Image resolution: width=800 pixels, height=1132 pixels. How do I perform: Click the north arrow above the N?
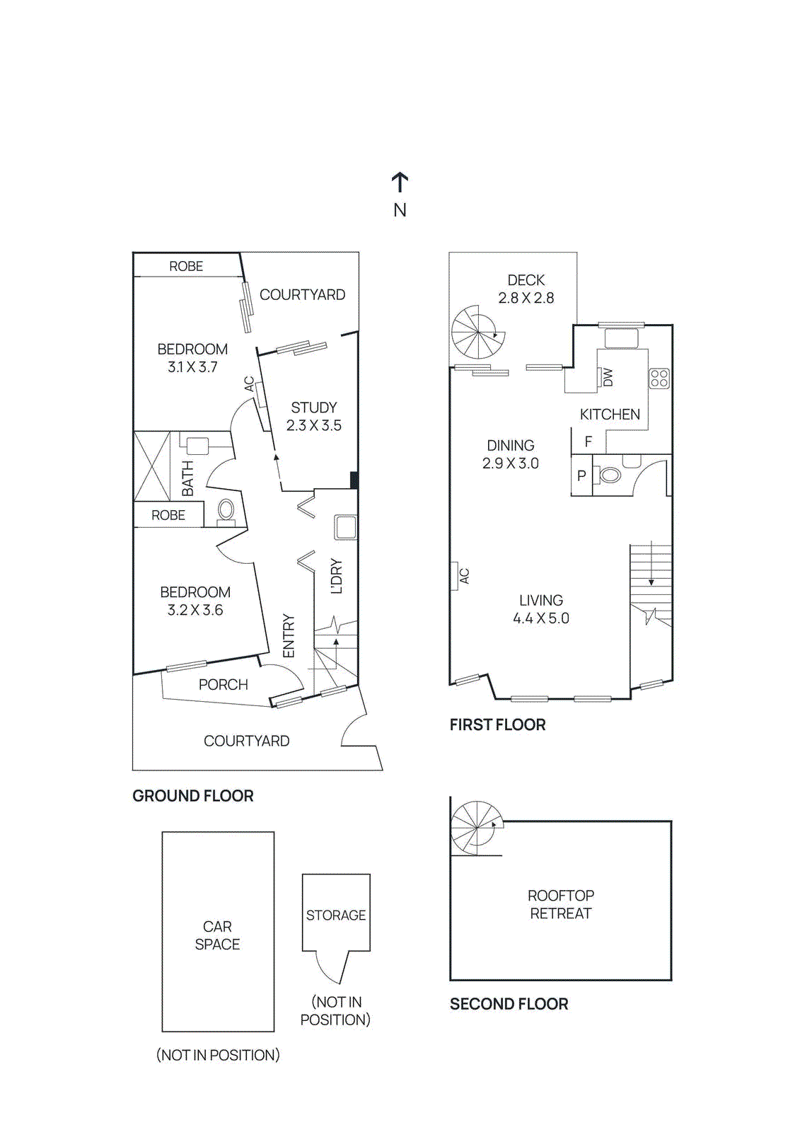400,182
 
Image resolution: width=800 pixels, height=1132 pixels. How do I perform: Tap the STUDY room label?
314,408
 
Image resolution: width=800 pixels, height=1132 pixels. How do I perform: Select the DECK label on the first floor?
526,280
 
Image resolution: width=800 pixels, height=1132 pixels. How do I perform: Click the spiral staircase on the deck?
477,333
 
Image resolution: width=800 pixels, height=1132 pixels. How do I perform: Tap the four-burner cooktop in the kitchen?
659,379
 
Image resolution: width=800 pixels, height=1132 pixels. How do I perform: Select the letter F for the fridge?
588,441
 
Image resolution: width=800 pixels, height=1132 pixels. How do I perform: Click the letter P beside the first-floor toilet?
581,475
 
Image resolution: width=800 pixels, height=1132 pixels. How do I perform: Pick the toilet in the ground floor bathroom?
226,510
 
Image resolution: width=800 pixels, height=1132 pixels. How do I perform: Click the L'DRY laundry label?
337,576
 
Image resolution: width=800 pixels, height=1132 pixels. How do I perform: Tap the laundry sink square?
346,527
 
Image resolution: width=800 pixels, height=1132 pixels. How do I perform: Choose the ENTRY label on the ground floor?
289,636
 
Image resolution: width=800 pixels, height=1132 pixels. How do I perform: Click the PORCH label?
224,685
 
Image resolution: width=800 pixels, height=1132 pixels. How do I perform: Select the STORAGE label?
336,916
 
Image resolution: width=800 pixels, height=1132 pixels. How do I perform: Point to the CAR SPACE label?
217,935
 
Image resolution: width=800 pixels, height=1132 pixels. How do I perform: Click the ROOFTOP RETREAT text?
561,905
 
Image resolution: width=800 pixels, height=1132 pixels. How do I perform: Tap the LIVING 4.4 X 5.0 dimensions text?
541,618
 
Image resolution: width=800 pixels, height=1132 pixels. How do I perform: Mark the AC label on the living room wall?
464,577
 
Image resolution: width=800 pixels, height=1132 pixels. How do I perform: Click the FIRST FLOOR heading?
498,725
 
